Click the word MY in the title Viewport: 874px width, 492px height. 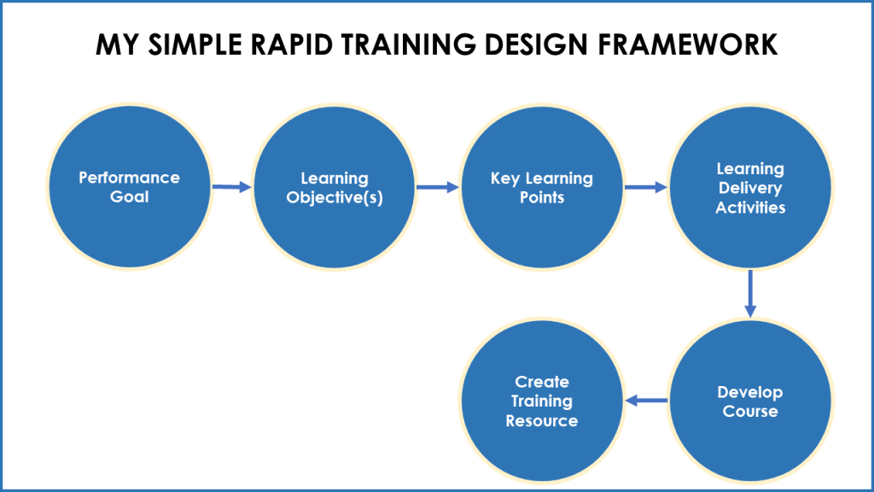click(x=114, y=44)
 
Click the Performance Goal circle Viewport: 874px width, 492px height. click(x=129, y=187)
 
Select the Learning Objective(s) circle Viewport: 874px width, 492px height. click(x=335, y=187)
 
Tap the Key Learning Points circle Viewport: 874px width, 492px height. click(x=541, y=187)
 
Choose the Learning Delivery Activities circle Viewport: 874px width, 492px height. click(x=750, y=187)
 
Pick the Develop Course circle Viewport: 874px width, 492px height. click(x=750, y=401)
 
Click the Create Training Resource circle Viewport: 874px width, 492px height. click(x=541, y=401)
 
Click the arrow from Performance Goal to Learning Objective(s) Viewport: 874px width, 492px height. click(x=232, y=186)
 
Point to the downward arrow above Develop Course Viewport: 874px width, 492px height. click(x=750, y=293)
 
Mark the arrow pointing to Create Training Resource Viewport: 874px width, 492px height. click(x=646, y=401)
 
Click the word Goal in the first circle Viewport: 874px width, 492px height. click(x=129, y=197)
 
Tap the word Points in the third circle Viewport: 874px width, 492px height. click(x=541, y=197)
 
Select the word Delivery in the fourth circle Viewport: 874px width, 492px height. click(x=750, y=188)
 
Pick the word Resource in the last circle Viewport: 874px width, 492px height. click(x=541, y=421)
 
